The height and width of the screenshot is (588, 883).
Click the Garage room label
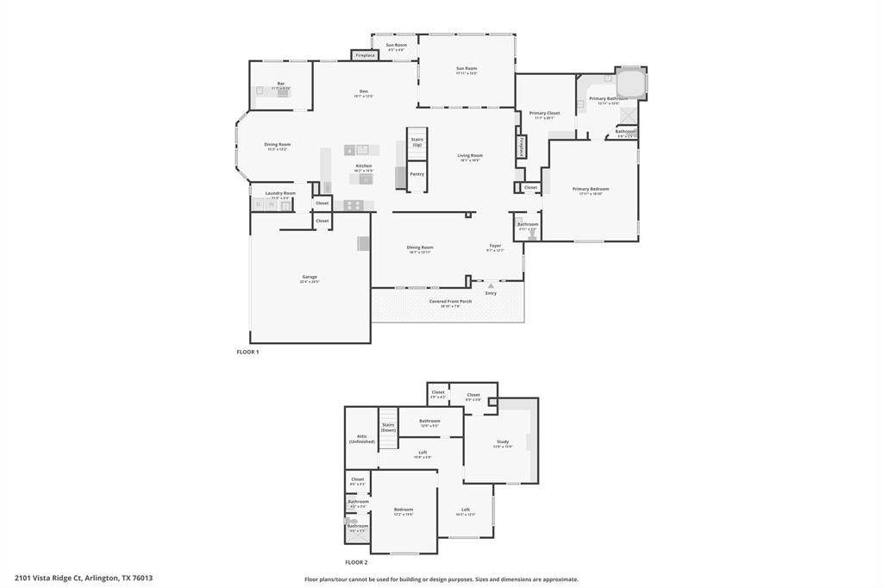pyautogui.click(x=310, y=277)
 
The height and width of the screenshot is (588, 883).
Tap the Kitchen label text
pyautogui.click(x=364, y=166)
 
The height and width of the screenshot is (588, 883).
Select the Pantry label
pyautogui.click(x=416, y=174)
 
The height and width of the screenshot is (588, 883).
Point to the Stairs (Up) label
pyautogui.click(x=416, y=141)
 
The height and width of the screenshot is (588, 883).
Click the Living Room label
pyautogui.click(x=470, y=156)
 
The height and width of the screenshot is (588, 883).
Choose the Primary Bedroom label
pyautogui.click(x=591, y=189)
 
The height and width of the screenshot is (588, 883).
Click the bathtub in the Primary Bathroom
pyautogui.click(x=631, y=84)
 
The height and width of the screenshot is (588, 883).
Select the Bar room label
pyautogui.click(x=281, y=84)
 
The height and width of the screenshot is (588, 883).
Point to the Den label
pyautogui.click(x=364, y=91)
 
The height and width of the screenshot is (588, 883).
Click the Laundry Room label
pyautogui.click(x=280, y=193)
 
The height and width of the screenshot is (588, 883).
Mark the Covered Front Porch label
pyautogui.click(x=450, y=301)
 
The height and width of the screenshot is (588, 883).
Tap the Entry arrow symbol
pyautogui.click(x=491, y=285)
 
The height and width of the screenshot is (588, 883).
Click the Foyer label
pyautogui.click(x=495, y=246)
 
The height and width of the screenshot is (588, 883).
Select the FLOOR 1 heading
pyautogui.click(x=247, y=352)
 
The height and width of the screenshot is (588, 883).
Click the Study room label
pyautogui.click(x=503, y=441)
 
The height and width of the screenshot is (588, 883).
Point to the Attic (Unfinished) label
pyautogui.click(x=362, y=439)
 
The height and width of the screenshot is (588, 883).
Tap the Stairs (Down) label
pyautogui.click(x=388, y=427)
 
